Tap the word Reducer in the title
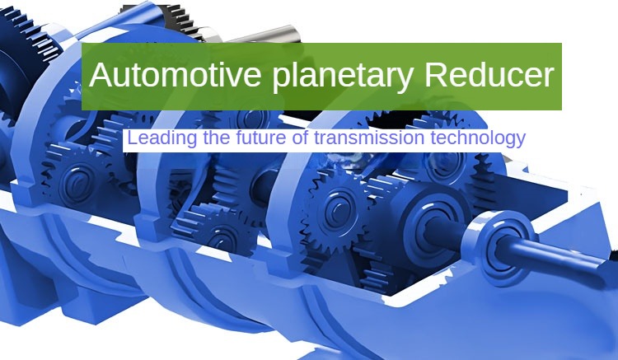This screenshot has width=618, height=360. click(489, 76)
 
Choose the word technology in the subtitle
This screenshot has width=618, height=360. click(477, 138)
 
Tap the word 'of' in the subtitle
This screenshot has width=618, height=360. click(300, 138)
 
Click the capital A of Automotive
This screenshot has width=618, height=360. click(101, 76)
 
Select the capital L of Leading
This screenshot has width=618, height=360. click(133, 138)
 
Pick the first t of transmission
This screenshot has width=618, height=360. click(316, 138)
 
